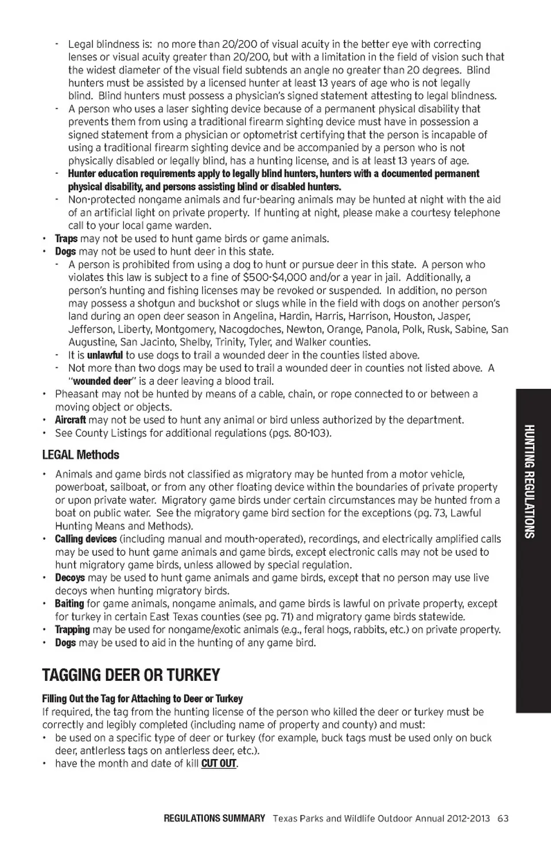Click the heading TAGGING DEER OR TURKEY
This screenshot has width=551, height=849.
(x=131, y=675)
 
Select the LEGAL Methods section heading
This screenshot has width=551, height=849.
(x=80, y=455)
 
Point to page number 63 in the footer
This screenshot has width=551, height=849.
(x=503, y=818)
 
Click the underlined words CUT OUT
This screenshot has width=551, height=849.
(x=219, y=764)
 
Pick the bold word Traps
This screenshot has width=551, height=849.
(x=66, y=239)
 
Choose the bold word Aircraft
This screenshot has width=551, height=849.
(x=70, y=420)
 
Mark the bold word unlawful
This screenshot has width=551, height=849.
(x=104, y=355)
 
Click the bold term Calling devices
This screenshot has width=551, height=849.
(x=86, y=539)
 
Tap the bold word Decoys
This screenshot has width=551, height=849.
(x=69, y=578)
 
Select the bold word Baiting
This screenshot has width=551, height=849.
(x=69, y=603)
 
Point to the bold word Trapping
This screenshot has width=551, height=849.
(x=72, y=629)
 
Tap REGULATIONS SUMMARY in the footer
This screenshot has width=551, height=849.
(x=214, y=818)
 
